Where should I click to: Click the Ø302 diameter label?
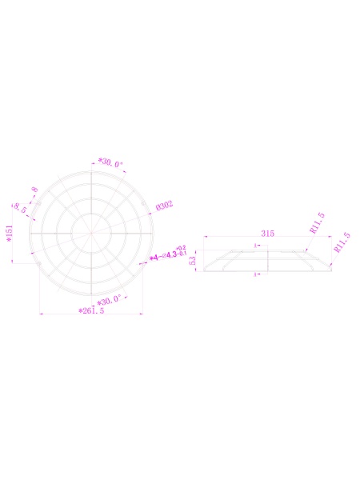[165, 206]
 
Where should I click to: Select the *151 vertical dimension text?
[10, 232]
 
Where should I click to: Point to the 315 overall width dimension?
[268, 234]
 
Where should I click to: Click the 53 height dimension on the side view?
[193, 262]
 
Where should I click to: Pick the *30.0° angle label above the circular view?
[110, 163]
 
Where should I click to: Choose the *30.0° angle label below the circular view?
[108, 300]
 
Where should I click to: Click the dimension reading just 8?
[34, 190]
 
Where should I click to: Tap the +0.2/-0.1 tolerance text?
[182, 251]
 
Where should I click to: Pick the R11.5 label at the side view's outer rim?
[342, 242]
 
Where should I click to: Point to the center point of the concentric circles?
[91, 233]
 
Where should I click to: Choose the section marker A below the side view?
[255, 275]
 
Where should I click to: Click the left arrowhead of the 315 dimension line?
[206, 238]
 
